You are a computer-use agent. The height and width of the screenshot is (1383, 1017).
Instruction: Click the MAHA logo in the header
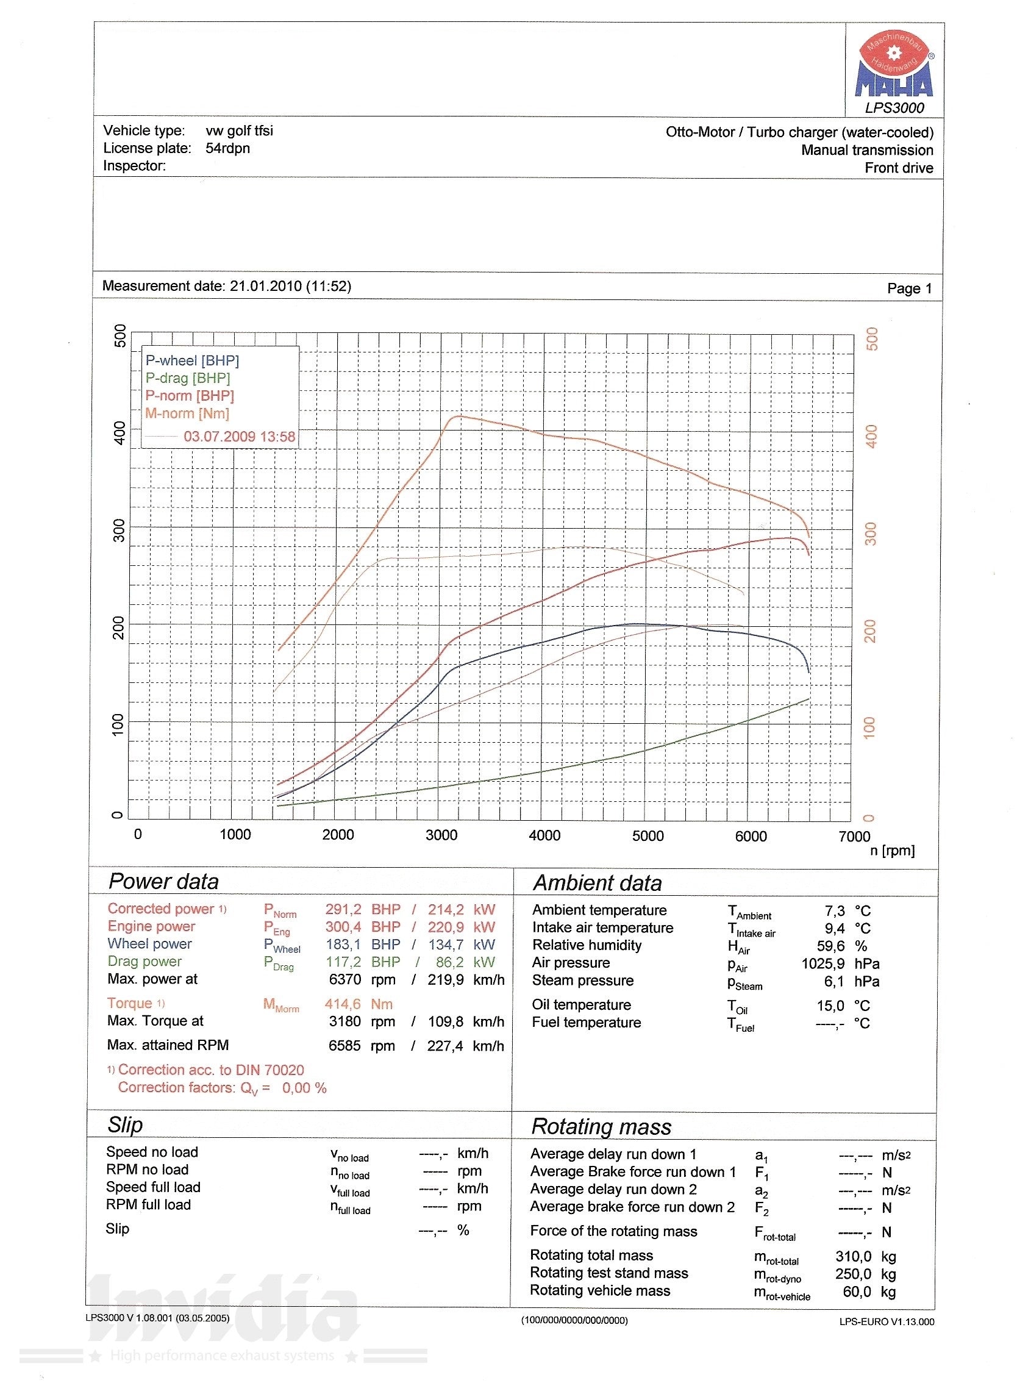click(x=894, y=68)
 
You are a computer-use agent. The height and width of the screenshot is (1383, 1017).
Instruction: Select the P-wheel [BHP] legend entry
click(x=192, y=361)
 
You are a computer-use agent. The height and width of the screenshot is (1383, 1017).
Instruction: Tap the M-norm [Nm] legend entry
click(x=187, y=414)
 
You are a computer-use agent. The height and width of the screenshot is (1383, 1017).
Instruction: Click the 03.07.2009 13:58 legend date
click(x=239, y=437)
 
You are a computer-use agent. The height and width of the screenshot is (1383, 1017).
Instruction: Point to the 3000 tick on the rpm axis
click(x=441, y=835)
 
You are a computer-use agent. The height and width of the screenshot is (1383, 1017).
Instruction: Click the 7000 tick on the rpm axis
click(x=854, y=836)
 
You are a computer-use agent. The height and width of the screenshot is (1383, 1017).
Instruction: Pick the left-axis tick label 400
click(x=120, y=433)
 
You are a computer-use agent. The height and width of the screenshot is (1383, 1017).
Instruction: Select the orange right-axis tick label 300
click(x=871, y=533)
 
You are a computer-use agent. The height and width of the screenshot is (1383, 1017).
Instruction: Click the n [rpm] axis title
click(x=892, y=851)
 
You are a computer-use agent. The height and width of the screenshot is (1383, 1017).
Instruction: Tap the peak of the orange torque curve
click(x=455, y=417)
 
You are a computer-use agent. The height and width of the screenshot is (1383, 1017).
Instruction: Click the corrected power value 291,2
click(x=343, y=909)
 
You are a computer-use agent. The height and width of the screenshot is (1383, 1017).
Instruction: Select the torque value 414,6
click(x=342, y=1004)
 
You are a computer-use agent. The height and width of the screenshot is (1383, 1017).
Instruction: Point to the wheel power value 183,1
click(x=343, y=945)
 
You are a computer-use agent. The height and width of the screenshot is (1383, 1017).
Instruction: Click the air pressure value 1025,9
click(x=823, y=963)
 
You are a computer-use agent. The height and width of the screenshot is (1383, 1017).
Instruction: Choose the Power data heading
click(x=163, y=881)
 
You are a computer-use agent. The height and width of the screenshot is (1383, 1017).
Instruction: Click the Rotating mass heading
click(x=601, y=1127)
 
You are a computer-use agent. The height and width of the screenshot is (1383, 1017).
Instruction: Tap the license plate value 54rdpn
click(x=228, y=148)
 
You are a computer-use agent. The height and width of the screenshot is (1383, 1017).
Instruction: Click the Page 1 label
click(x=909, y=288)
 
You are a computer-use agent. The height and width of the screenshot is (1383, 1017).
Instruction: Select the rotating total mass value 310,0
click(x=853, y=1256)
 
